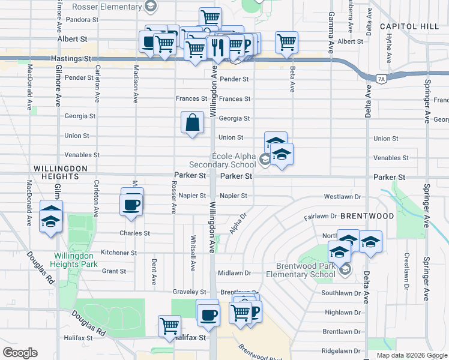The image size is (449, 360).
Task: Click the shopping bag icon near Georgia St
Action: pos(191,123)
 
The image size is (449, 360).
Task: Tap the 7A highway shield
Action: pos(381,79)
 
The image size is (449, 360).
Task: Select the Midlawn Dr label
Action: pos(234,272)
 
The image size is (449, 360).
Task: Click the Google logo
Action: pos(20,353)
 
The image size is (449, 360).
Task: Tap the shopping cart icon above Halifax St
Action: pos(170,326)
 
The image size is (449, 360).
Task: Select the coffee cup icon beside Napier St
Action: pos(131,205)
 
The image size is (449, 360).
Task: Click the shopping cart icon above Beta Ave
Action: pos(287,42)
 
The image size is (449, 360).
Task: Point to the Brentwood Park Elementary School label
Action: pos(306,271)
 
